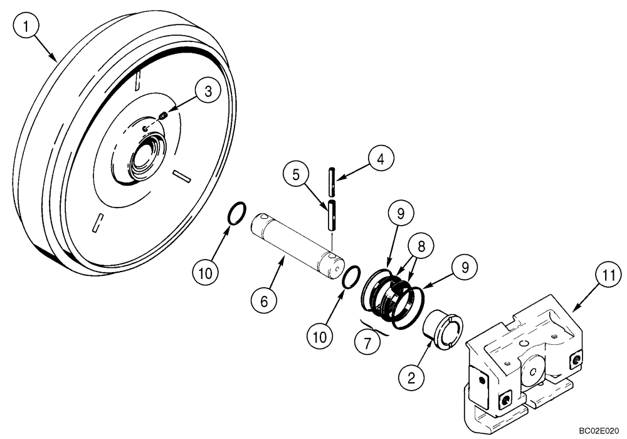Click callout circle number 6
click(264, 302)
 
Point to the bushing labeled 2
click(443, 333)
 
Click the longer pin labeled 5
click(330, 215)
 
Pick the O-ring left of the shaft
click(235, 213)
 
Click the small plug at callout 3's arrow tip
click(162, 115)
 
